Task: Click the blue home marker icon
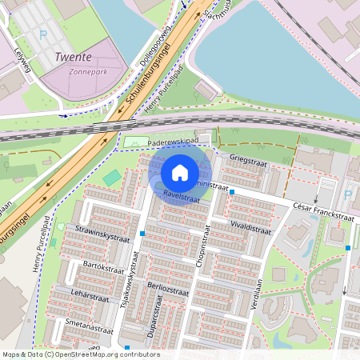coord(180,173)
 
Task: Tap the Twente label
coord(74,58)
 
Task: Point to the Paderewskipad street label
coord(173,141)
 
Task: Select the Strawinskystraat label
coord(102,238)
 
